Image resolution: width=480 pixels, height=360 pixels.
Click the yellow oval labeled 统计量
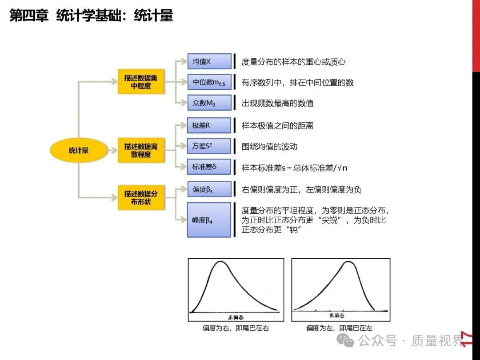coord(79,150)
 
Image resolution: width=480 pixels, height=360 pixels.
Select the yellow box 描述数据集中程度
coord(140,81)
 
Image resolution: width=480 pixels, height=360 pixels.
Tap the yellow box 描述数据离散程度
coord(140,150)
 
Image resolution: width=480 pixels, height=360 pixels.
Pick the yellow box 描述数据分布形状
coord(140,198)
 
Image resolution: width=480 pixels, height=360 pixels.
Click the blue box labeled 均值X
coord(209,61)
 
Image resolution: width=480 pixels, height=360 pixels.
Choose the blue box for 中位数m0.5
coord(209,82)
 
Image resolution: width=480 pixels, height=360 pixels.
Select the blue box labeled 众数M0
coord(209,103)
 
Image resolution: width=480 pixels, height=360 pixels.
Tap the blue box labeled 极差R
coord(209,125)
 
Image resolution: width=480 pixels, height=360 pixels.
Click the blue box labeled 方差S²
coord(209,146)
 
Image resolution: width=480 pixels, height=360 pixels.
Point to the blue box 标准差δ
coord(209,167)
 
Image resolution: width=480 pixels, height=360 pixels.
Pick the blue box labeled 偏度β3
coord(209,189)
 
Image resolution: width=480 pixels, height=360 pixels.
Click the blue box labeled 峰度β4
coord(209,220)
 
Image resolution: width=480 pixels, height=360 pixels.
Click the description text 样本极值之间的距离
coord(277,126)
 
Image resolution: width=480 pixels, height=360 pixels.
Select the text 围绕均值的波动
coord(269,146)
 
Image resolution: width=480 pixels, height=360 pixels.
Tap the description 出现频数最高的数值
coord(277,103)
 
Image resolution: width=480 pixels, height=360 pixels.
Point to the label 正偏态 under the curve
coord(236,316)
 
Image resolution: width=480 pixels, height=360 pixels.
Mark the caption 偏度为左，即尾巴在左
coord(339,328)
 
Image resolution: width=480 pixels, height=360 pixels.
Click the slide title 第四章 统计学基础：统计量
coord(91,16)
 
